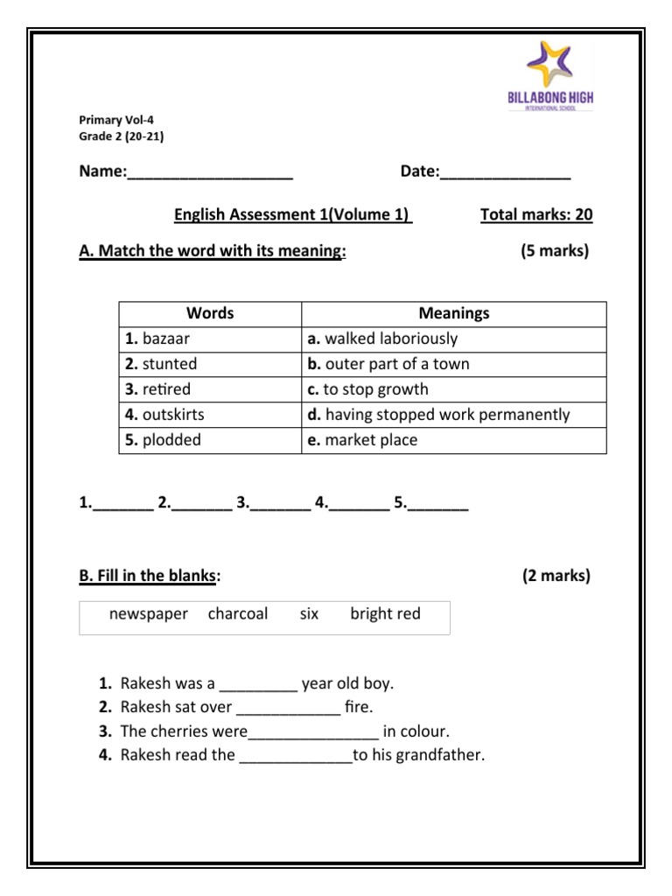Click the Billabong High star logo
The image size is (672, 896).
click(x=549, y=64)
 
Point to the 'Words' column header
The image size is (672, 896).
click(x=210, y=313)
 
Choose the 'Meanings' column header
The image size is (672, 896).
click(x=454, y=313)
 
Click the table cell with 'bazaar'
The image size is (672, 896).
click(x=210, y=339)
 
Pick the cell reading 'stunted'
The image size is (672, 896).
click(x=210, y=364)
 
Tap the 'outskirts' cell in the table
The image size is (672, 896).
click(x=210, y=415)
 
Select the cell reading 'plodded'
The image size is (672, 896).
click(x=210, y=440)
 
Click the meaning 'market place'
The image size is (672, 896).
click(x=454, y=440)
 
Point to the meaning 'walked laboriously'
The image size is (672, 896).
click(x=454, y=339)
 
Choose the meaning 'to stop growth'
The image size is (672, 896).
click(x=454, y=389)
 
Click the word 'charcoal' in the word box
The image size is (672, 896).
click(x=238, y=614)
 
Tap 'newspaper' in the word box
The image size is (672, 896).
click(x=149, y=614)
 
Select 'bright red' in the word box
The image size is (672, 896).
click(x=385, y=614)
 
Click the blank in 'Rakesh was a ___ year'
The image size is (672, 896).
click(x=258, y=686)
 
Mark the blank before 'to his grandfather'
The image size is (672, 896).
click(x=295, y=757)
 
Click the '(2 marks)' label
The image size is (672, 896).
click(x=556, y=576)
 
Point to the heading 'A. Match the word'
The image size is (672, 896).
click(x=213, y=252)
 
